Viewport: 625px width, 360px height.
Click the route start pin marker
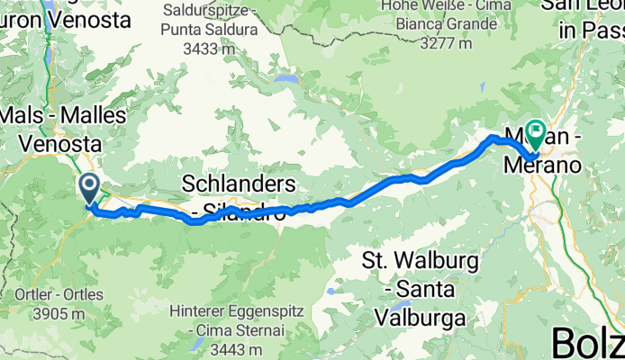pos(90,188)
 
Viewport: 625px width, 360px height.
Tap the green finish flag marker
pos(535,134)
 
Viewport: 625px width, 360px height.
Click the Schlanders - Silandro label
pos(239,195)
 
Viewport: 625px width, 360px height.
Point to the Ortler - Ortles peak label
pos(50,294)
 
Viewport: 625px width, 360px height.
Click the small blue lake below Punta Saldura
pos(287,79)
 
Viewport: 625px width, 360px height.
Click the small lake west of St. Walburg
pos(333,292)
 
